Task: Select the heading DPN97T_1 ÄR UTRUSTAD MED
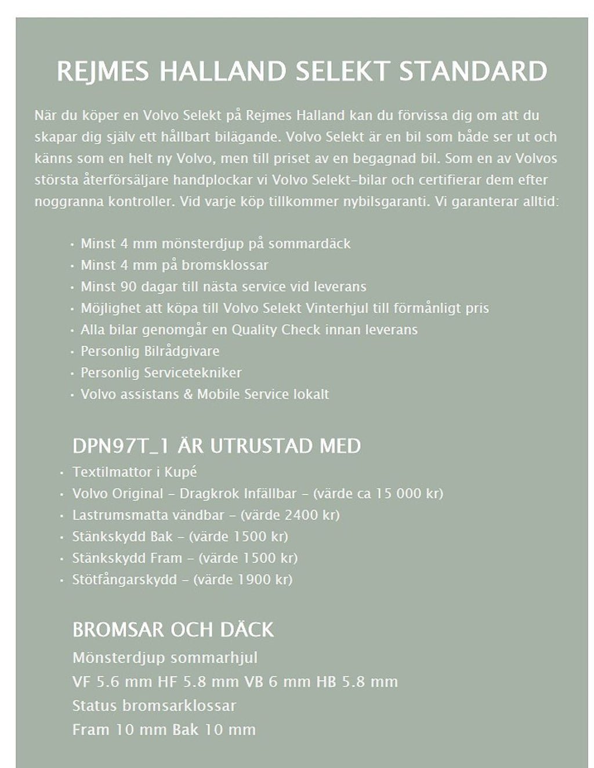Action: pos(216,446)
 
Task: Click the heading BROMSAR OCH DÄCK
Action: pos(173,629)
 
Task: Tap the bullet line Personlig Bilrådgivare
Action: pos(150,351)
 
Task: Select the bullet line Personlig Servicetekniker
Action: pos(161,372)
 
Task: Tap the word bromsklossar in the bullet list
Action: pos(225,265)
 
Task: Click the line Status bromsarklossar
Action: pos(154,705)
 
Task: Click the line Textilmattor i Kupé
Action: pos(135,472)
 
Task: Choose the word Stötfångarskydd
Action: pos(124,579)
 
